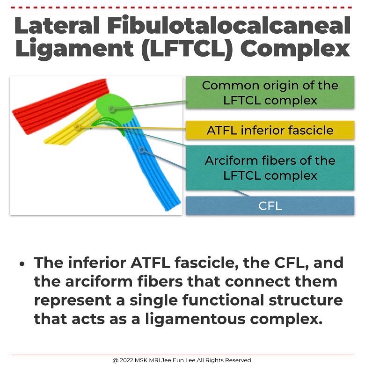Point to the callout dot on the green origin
point(111,109)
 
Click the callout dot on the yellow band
point(78,126)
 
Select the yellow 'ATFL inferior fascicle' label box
point(270,130)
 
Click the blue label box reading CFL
point(270,206)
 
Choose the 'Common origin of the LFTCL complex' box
point(270,93)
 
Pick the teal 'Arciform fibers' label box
point(270,168)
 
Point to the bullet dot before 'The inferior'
point(22,263)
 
